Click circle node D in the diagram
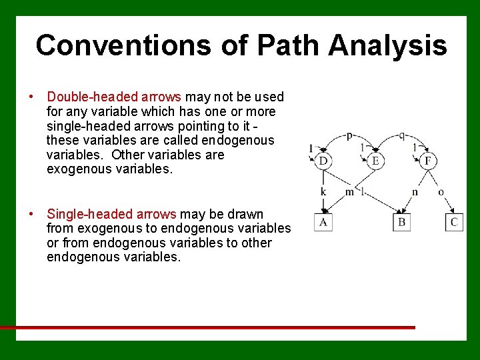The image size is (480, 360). pyautogui.click(x=323, y=161)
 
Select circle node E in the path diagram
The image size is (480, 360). pyautogui.click(x=375, y=161)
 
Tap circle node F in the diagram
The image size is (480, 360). pyautogui.click(x=427, y=161)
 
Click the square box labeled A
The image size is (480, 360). pyautogui.click(x=323, y=221)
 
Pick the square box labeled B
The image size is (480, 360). pyautogui.click(x=401, y=221)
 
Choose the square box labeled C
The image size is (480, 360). pyautogui.click(x=454, y=221)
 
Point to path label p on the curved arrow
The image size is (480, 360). pyautogui.click(x=349, y=135)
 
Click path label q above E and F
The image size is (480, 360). pyautogui.click(x=401, y=135)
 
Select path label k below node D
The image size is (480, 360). pyautogui.click(x=323, y=192)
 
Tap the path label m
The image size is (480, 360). pyautogui.click(x=349, y=192)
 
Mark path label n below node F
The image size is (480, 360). pyautogui.click(x=415, y=192)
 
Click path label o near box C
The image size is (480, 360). pyautogui.click(x=441, y=192)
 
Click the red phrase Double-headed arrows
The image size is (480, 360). pyautogui.click(x=115, y=97)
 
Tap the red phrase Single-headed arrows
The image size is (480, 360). pyautogui.click(x=111, y=214)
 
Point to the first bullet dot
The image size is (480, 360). pyautogui.click(x=31, y=97)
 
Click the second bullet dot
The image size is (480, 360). pyautogui.click(x=31, y=214)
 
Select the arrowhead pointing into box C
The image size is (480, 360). pyautogui.click(x=453, y=209)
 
